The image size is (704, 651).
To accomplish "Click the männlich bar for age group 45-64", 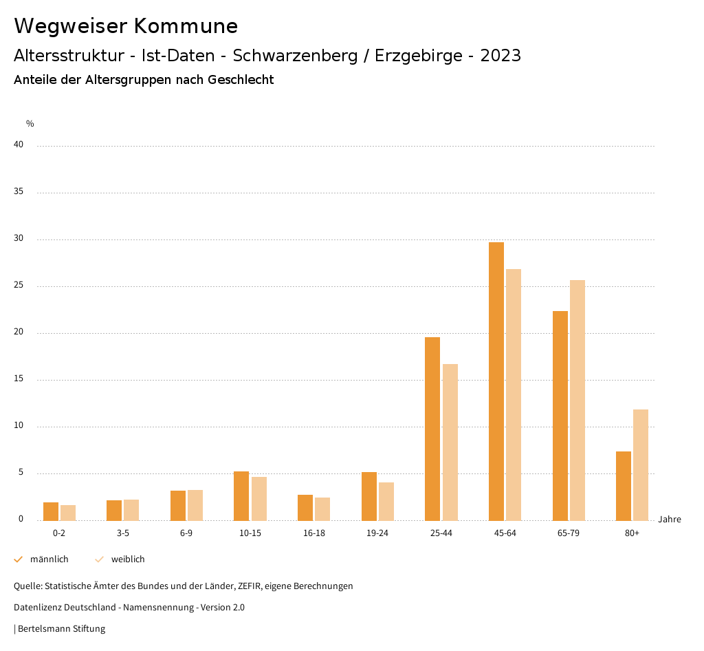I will [x=496, y=381].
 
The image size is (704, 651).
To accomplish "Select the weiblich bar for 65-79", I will [x=577, y=400].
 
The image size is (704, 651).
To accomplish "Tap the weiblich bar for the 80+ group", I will [x=641, y=465].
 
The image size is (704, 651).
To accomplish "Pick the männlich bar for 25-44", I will [x=432, y=429].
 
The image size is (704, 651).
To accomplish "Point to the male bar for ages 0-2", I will [x=51, y=511].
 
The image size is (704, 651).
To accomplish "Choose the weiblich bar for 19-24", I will [x=386, y=501].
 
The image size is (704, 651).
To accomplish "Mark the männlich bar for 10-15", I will [x=241, y=495].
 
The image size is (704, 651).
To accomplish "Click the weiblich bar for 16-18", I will [x=322, y=509].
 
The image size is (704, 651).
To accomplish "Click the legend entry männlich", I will [x=49, y=559].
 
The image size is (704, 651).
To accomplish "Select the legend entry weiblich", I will [x=128, y=559].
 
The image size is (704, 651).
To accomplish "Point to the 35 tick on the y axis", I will [x=19, y=192].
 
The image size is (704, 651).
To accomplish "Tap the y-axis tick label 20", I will [x=19, y=332].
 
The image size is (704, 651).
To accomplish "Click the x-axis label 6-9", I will [x=186, y=533].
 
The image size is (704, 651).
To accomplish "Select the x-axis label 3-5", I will [x=123, y=533].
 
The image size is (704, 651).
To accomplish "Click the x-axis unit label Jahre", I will [x=670, y=520].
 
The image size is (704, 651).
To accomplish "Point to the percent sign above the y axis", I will [x=30, y=124].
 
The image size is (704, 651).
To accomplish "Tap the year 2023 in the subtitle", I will [x=500, y=56].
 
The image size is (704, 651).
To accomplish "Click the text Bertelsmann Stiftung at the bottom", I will [x=61, y=629].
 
